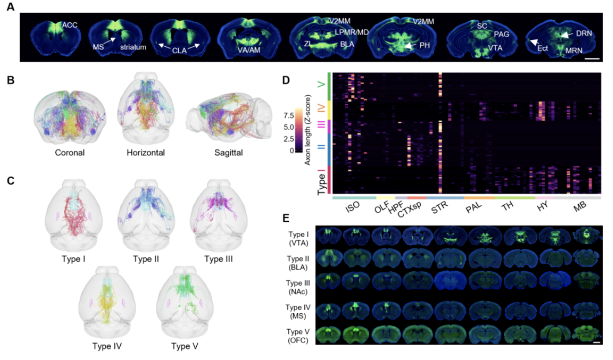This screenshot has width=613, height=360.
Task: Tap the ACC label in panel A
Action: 70,25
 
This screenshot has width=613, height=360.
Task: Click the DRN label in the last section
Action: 585,33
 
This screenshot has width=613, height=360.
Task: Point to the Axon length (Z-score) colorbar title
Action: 307,130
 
